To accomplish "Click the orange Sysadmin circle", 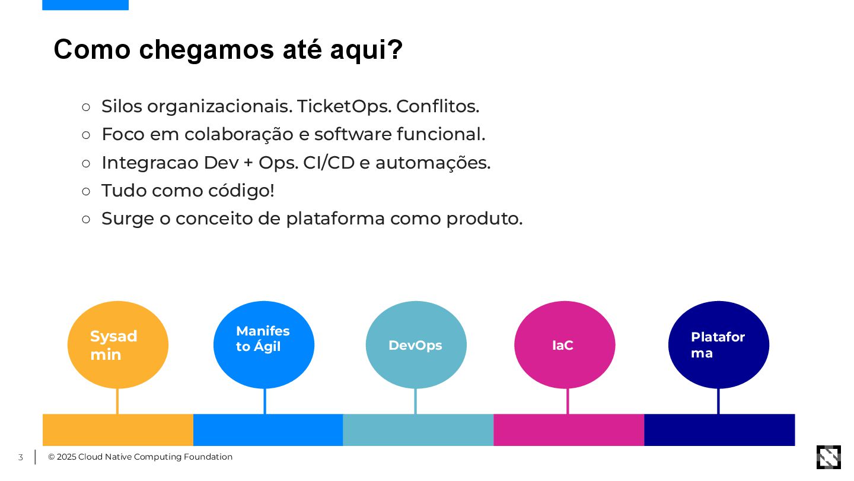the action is coord(117,344).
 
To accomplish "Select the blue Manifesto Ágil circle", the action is coord(264,344).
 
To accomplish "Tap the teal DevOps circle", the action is coord(416,344).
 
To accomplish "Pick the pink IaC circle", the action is coord(565,344).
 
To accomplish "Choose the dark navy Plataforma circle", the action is coord(718,344).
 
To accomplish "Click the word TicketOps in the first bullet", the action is coord(343,106).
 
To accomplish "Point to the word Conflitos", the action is coord(437,106).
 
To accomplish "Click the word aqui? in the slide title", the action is coord(367,49).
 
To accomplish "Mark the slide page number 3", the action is coord(20,457).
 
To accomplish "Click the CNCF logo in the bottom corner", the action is coord(828,457).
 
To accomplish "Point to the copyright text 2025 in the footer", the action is coord(66,457).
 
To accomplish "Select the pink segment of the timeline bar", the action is coord(569,430).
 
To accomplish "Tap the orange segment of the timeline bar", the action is coord(118,430).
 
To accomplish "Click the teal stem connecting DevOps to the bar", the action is coord(415,401).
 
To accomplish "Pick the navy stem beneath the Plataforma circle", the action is coord(718,401).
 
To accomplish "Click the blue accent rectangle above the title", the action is coord(85,5).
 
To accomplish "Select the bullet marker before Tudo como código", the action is coord(86,191).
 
